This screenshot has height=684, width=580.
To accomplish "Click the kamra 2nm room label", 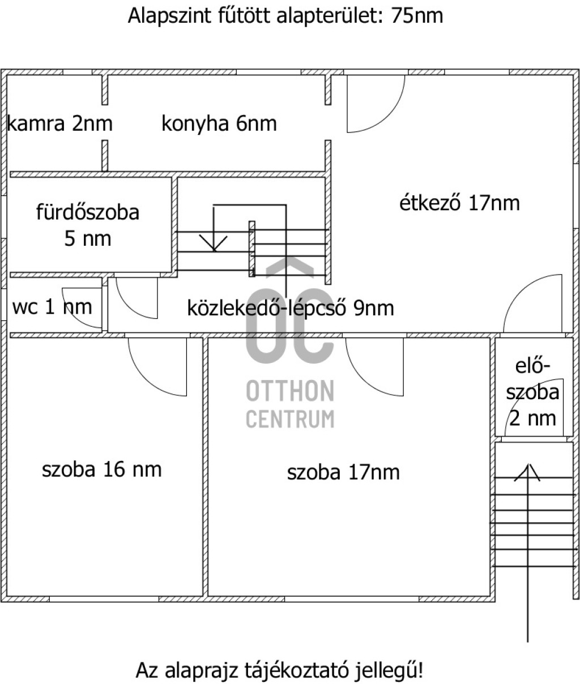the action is click(x=59, y=123).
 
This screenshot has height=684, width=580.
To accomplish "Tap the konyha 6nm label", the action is click(x=219, y=123).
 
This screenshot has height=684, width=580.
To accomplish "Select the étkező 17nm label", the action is click(x=459, y=203).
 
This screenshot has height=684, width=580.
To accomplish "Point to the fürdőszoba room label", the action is click(x=88, y=225).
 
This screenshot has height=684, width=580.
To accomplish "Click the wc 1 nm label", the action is click(x=52, y=307).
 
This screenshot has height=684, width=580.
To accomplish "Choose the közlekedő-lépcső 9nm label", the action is click(x=291, y=308).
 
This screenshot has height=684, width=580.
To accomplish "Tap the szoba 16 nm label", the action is click(x=101, y=469).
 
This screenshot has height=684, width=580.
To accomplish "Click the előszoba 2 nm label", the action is click(x=532, y=392).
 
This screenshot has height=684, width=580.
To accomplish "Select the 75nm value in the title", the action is click(x=417, y=15).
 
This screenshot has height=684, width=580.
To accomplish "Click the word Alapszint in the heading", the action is click(x=169, y=16).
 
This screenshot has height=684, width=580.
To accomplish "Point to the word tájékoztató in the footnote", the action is click(x=296, y=670).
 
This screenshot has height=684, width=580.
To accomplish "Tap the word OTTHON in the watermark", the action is click(x=290, y=391).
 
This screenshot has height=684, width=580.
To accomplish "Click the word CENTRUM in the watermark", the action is click(x=290, y=418).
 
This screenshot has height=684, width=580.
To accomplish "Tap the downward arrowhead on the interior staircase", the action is click(x=214, y=243).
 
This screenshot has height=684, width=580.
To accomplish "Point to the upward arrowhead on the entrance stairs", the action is click(x=527, y=472).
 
